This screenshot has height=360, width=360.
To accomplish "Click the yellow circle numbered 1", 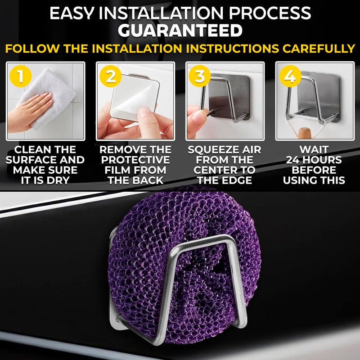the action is pyautogui.click(x=21, y=76).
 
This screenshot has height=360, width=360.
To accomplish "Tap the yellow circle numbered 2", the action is pyautogui.click(x=111, y=76).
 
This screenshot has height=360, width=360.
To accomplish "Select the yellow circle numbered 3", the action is pyautogui.click(x=200, y=76).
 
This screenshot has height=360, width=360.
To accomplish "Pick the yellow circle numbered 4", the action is pyautogui.click(x=290, y=76).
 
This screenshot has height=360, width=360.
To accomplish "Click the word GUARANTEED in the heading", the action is pyautogui.click(x=180, y=31).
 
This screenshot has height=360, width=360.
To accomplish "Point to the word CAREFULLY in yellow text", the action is pyautogui.click(x=319, y=49).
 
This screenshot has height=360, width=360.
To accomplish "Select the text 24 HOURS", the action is pyautogui.click(x=314, y=160).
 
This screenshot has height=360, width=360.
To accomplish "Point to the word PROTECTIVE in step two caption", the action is pyautogui.click(x=135, y=160).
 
